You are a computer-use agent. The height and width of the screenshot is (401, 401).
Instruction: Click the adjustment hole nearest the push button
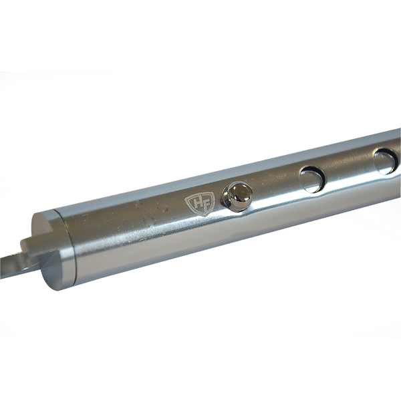point(312,179)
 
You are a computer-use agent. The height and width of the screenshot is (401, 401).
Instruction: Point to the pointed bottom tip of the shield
point(198,215)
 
